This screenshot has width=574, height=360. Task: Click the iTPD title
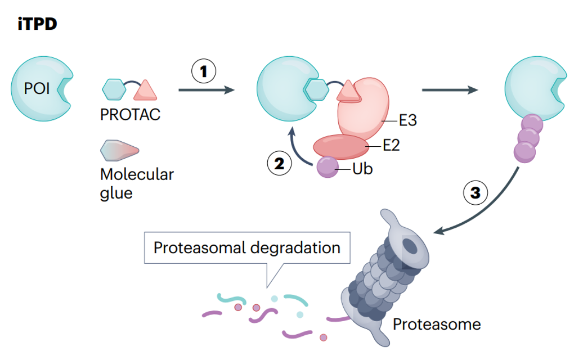click(x=38, y=24)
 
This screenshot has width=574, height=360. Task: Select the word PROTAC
click(x=130, y=114)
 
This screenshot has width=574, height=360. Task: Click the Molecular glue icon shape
click(x=119, y=150)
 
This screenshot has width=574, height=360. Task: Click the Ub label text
click(x=363, y=168)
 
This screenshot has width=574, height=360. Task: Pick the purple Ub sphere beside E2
click(x=327, y=168)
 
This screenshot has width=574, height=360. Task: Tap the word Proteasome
click(x=437, y=324)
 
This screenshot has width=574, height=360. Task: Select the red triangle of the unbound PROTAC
click(x=145, y=89)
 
